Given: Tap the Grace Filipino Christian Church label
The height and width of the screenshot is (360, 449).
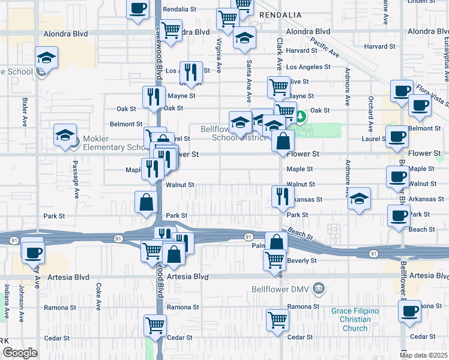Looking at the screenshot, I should pyautogui.click(x=355, y=319).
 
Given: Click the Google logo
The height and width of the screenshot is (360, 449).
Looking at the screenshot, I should pyautogui.click(x=20, y=353).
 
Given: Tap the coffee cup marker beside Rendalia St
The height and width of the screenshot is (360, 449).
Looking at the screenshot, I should pyautogui.click(x=138, y=8).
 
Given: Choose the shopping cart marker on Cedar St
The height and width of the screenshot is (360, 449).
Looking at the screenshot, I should pyautogui.click(x=155, y=326).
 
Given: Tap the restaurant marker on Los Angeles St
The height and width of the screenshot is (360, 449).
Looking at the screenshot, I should pyautogui.click(x=191, y=72).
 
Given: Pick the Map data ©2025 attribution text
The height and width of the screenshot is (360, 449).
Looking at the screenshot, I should pyautogui.click(x=424, y=355).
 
